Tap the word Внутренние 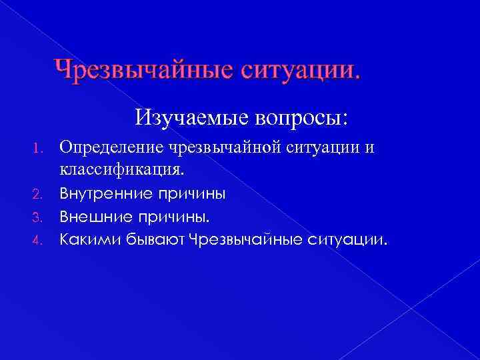107,194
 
